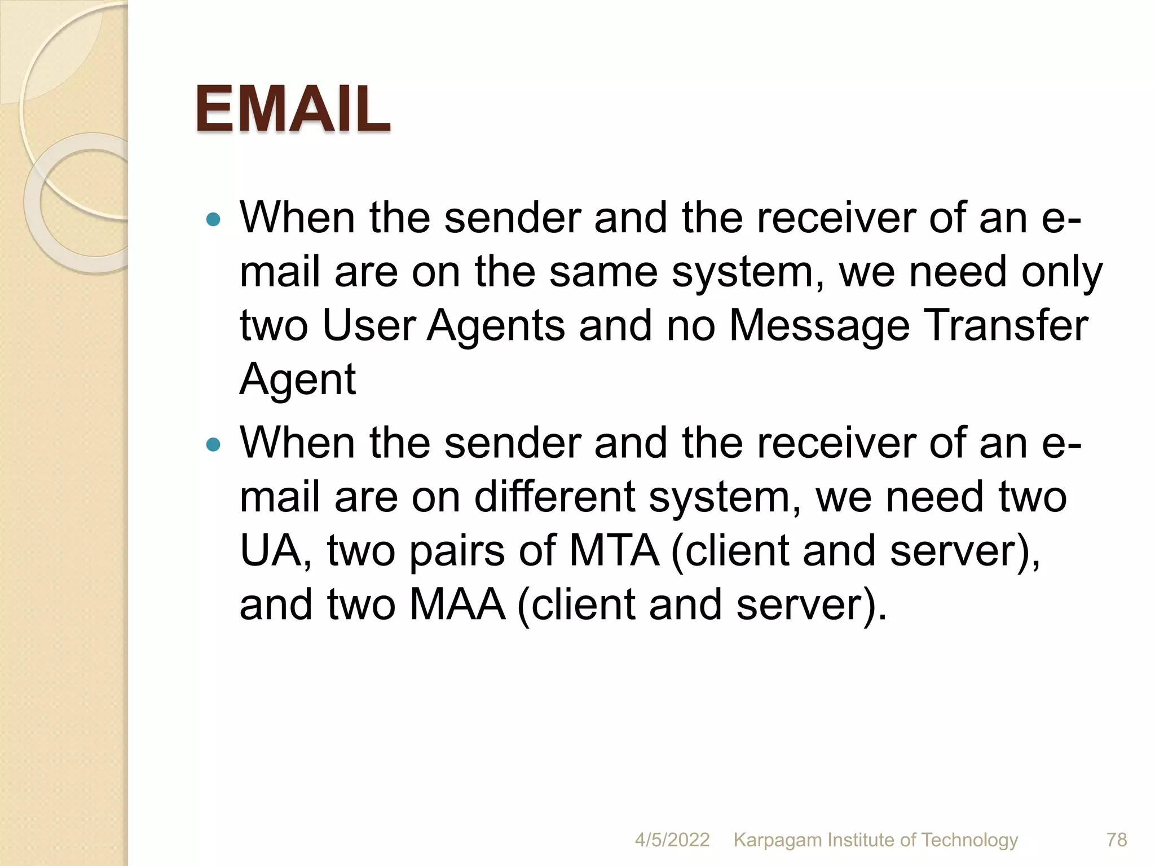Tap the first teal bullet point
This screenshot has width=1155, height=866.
coord(214,219)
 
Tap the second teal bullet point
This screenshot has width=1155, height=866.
coord(214,445)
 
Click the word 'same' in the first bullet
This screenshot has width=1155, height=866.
coord(603,272)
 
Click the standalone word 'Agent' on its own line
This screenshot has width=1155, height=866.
coord(298,379)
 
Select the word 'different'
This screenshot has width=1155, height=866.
coord(554,497)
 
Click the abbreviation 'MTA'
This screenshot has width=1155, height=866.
coord(614,551)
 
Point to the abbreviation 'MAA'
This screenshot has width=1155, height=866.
coord(457,604)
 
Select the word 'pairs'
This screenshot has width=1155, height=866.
coord(457,551)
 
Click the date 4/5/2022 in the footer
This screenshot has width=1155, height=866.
coord(672,840)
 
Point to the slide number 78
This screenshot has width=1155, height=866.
coord(1117,840)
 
